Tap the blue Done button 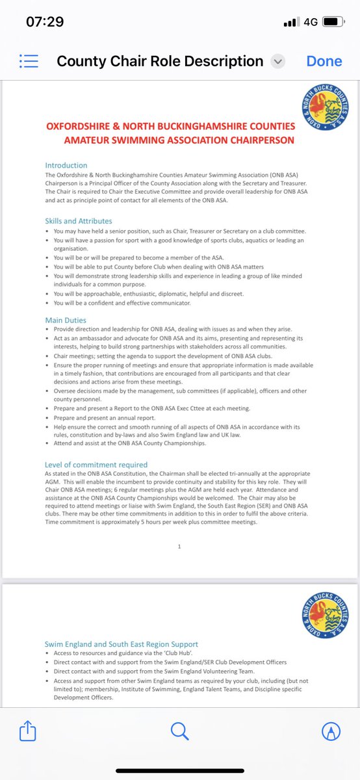point(324,61)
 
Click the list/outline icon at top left point(29,61)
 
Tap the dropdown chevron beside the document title point(278,62)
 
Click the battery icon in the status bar point(332,22)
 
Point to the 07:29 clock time point(45,21)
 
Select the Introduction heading point(66,165)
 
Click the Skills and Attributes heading point(78,221)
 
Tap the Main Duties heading point(65,320)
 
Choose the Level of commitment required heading point(96,465)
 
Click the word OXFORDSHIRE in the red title point(84,125)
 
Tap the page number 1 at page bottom point(179,547)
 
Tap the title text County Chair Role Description point(160,62)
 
